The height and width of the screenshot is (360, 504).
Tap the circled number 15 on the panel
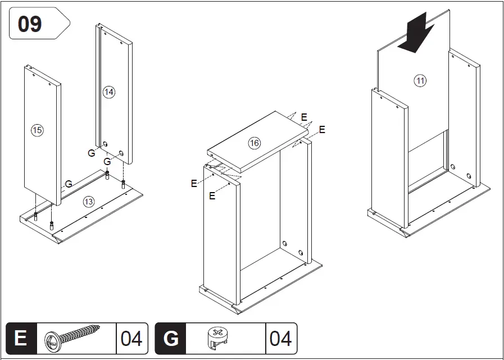pos(37,130)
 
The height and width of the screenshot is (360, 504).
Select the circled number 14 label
pos(109,92)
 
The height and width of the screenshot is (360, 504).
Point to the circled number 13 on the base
pos(89,201)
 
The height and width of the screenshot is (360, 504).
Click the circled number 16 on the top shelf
pos(255,143)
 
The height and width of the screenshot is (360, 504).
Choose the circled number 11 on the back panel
pos(420,81)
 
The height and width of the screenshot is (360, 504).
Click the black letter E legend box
pos(21,339)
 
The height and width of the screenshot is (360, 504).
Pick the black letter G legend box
pos(170,339)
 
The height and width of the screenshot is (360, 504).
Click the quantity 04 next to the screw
pos(131,339)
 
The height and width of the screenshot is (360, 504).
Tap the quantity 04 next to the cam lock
pos(280,339)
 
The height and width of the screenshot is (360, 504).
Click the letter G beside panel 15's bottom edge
pos(68,184)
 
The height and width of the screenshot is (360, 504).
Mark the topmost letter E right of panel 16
pos(304,117)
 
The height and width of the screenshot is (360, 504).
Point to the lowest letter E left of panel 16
pos(212,196)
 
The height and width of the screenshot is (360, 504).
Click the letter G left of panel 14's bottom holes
pos(91,153)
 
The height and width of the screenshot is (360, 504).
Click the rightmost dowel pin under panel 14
pos(123,183)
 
